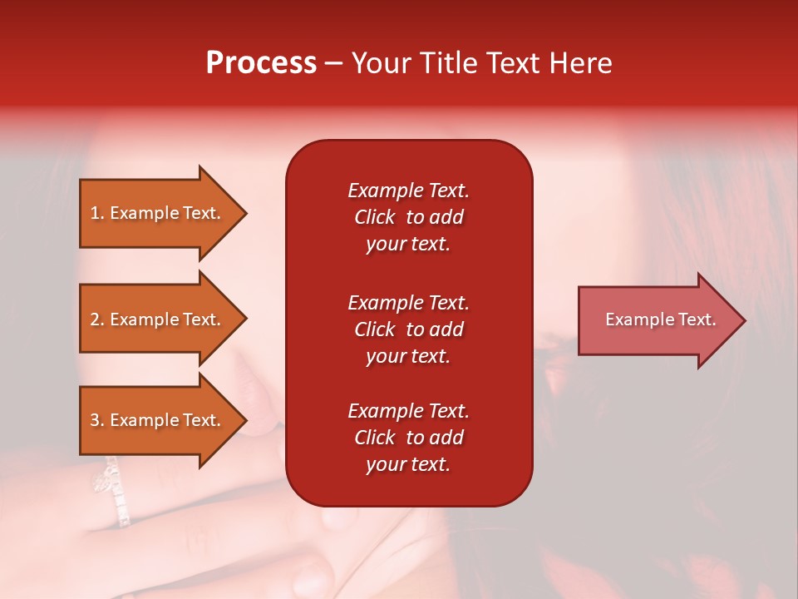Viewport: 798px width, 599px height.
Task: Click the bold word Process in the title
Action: pos(261,63)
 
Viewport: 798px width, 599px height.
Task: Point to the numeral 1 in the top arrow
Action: pos(95,214)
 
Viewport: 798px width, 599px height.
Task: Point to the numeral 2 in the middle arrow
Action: pos(95,320)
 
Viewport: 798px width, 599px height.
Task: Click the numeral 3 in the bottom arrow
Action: pos(95,421)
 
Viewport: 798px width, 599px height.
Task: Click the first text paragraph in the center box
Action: pos(408,217)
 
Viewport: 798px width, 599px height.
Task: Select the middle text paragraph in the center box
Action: pos(408,329)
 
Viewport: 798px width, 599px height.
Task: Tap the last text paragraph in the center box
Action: pos(408,438)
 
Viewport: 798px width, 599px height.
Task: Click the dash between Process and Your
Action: pos(333,64)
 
